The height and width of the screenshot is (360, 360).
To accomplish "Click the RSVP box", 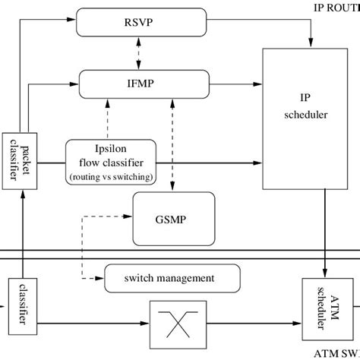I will click(142, 21).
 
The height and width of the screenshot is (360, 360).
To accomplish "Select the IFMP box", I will click(144, 84).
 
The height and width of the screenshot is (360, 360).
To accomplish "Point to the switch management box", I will click(171, 277).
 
